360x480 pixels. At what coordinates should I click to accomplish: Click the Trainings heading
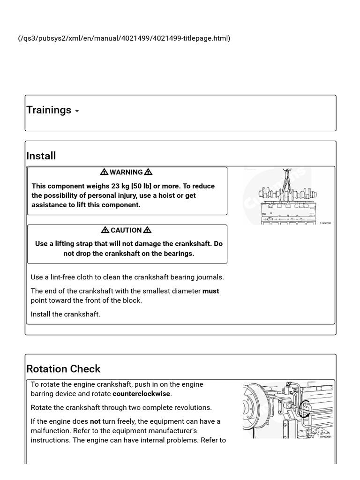(49, 110)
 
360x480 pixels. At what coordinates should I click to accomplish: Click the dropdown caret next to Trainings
(77, 112)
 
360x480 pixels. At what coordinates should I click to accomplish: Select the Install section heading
(41, 156)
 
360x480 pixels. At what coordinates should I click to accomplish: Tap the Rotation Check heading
(63, 369)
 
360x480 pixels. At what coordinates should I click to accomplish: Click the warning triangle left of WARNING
(104, 172)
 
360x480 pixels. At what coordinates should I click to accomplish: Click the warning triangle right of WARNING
(148, 172)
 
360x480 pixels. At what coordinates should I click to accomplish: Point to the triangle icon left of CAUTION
(105, 230)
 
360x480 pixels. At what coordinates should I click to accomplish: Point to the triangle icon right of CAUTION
(147, 230)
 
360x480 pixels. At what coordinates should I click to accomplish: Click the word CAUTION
(126, 230)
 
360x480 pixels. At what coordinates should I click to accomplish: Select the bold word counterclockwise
(142, 394)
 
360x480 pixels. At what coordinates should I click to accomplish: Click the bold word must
(210, 291)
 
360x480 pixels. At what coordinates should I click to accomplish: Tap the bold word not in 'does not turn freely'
(95, 421)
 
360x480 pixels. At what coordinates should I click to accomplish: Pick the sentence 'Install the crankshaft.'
(66, 314)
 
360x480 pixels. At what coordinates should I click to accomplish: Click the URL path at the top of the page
(124, 38)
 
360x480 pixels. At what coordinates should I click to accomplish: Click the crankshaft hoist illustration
(286, 197)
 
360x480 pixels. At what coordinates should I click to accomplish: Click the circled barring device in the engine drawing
(304, 409)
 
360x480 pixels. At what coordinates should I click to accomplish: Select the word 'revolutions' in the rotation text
(192, 407)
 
